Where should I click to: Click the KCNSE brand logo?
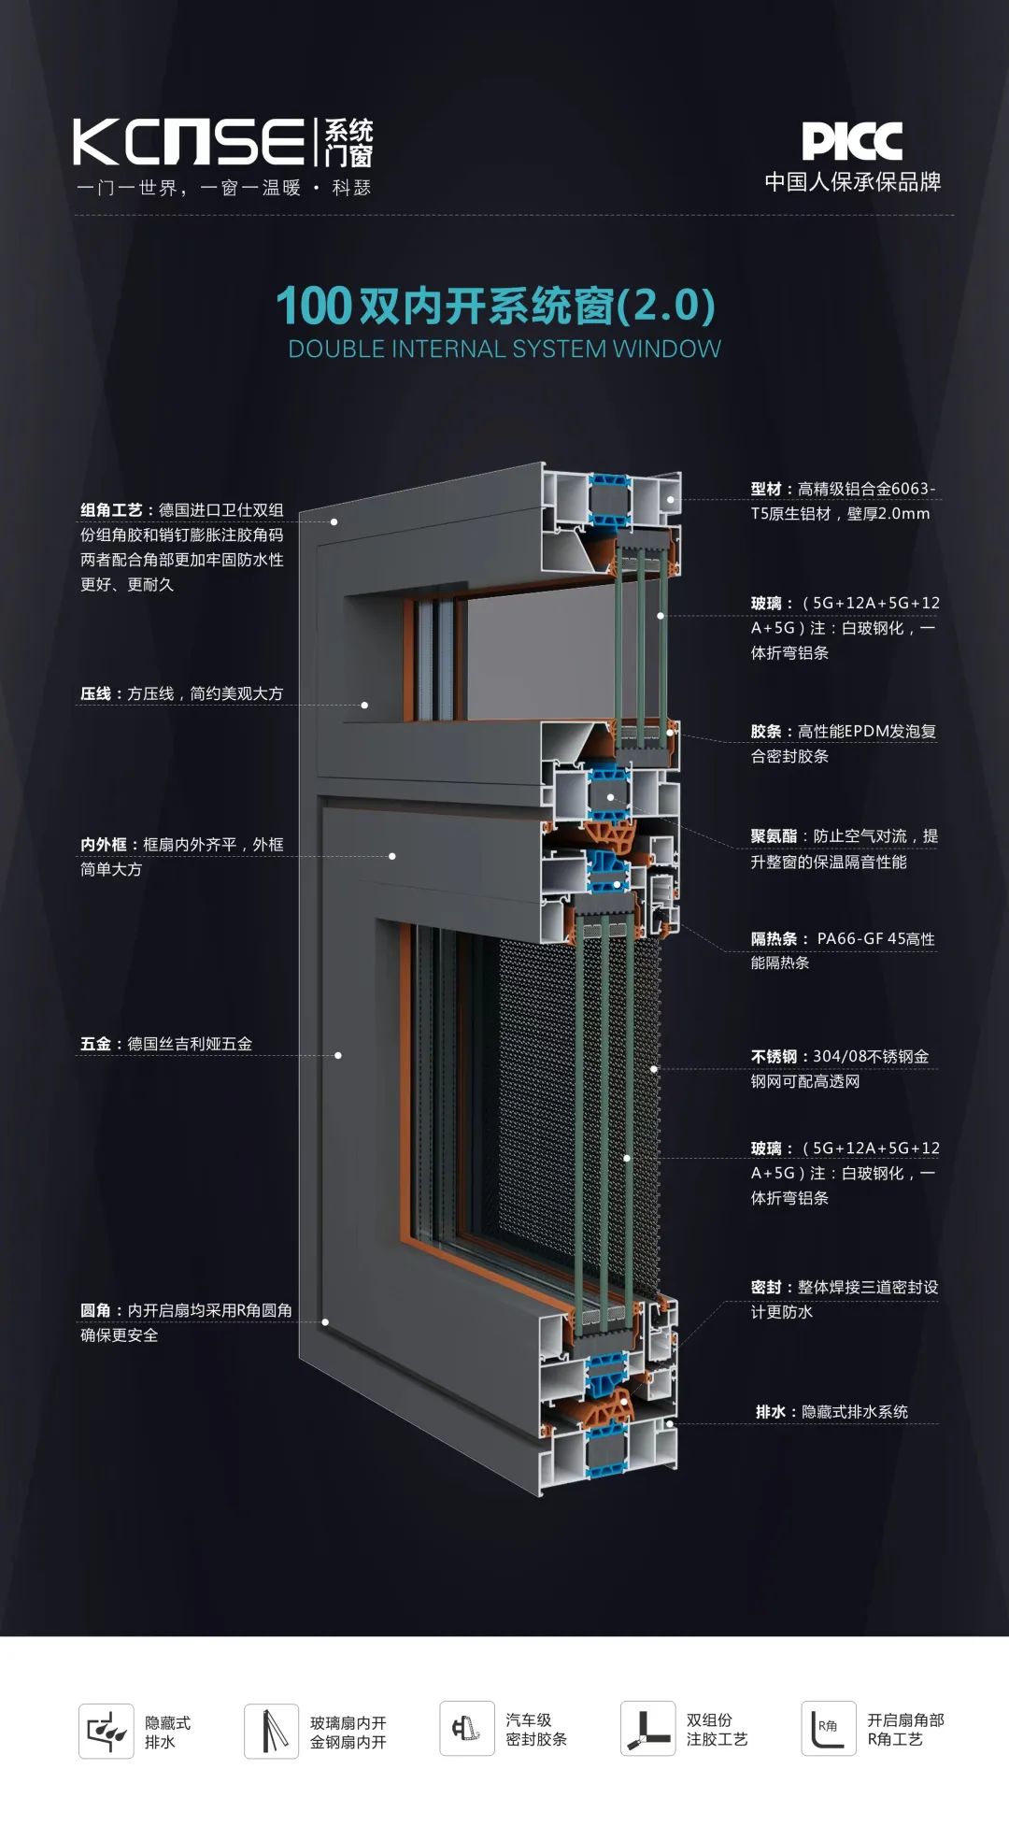[224, 142]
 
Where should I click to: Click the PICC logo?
[852, 142]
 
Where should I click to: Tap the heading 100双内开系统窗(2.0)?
[496, 305]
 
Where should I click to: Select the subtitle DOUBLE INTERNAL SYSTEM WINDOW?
[504, 350]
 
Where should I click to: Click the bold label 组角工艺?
[111, 510]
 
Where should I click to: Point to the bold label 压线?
[95, 693]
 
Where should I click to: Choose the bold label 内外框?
[103, 845]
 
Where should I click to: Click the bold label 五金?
[95, 1044]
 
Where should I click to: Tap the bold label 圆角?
[95, 1310]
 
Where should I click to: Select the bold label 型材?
[766, 489]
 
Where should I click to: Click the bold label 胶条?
[766, 732]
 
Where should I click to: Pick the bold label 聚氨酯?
[774, 836]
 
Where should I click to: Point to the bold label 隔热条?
[774, 939]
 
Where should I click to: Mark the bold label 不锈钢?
[774, 1057]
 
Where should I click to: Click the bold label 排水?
[771, 1412]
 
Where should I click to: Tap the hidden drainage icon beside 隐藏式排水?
[107, 1731]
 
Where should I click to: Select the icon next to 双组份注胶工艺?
[648, 1729]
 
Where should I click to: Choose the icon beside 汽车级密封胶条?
[467, 1729]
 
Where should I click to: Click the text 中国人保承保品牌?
[853, 182]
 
